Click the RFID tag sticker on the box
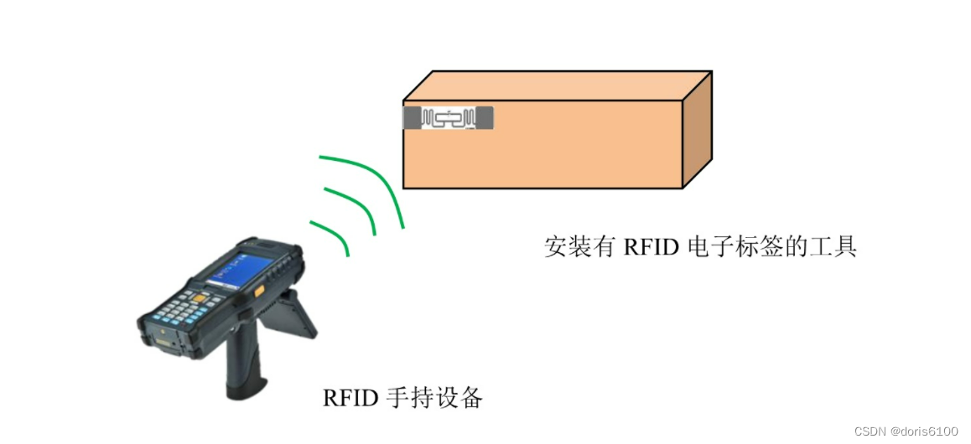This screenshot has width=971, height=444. [x=449, y=118]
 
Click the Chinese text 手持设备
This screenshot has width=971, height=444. [x=434, y=397]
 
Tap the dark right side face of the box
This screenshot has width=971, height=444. [x=698, y=130]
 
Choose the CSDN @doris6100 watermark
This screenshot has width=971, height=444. [x=906, y=431]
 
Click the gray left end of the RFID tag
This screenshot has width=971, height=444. [x=413, y=118]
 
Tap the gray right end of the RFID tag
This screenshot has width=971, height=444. [x=484, y=118]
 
